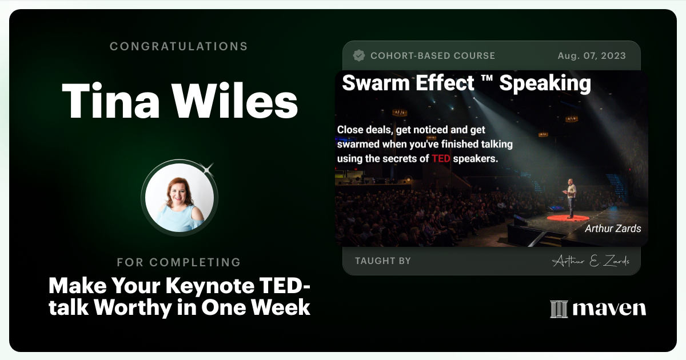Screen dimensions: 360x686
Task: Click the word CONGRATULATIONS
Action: click(179, 46)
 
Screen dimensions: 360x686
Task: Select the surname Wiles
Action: click(235, 101)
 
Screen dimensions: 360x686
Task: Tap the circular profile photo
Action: click(179, 197)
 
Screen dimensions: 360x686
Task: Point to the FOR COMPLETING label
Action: click(179, 262)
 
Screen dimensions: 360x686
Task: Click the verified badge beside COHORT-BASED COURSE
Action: click(359, 55)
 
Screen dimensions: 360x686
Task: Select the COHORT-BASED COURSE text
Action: click(432, 56)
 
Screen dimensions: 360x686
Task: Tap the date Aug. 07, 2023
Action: click(591, 56)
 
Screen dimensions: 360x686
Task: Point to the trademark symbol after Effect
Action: click(487, 80)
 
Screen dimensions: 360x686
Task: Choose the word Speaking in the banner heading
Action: click(545, 84)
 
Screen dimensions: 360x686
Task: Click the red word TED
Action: click(441, 158)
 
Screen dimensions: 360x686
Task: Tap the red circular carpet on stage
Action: click(567, 218)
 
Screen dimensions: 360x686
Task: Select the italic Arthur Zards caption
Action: click(613, 229)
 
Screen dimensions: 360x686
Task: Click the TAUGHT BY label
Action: click(382, 261)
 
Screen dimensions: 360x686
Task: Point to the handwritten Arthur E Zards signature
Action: click(591, 261)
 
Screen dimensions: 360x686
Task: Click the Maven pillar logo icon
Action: click(558, 309)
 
